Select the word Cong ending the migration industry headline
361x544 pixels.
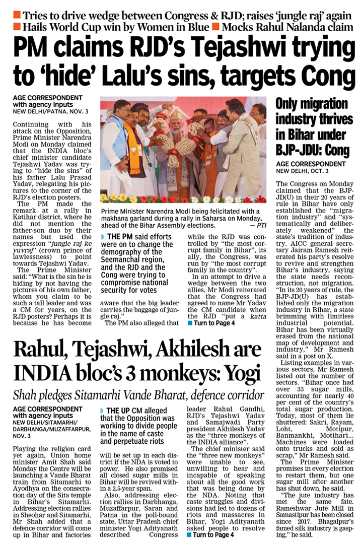pos(332,150)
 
